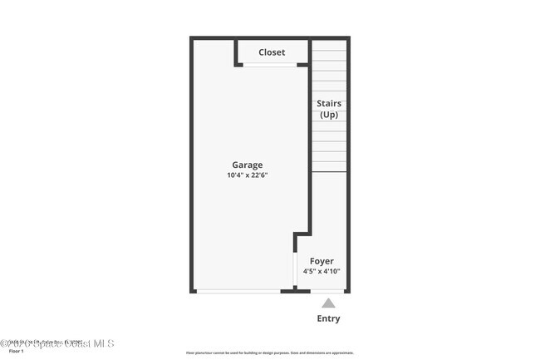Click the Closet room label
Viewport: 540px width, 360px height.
tap(271, 52)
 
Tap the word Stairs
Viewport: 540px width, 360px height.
tap(329, 104)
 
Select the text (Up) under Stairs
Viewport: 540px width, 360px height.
tap(329, 115)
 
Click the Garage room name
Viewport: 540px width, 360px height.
tap(247, 165)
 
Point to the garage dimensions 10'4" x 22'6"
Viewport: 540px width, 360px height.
tap(247, 175)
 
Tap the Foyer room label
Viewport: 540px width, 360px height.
tap(322, 261)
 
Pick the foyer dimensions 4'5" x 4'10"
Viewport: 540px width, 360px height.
tap(322, 271)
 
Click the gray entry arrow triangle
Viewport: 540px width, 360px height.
tap(329, 303)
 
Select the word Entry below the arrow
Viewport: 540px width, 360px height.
tap(329, 318)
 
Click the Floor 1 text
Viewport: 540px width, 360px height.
tap(17, 352)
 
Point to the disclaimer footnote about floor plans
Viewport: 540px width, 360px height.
tap(270, 353)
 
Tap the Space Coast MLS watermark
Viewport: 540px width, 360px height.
tap(58, 343)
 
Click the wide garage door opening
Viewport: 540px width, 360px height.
tap(238, 291)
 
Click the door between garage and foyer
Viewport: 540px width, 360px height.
tap(297, 269)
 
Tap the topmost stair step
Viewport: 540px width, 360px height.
tap(329, 45)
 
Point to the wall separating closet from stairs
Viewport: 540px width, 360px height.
tap(310, 52)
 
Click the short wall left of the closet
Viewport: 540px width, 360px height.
tap(237, 52)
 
